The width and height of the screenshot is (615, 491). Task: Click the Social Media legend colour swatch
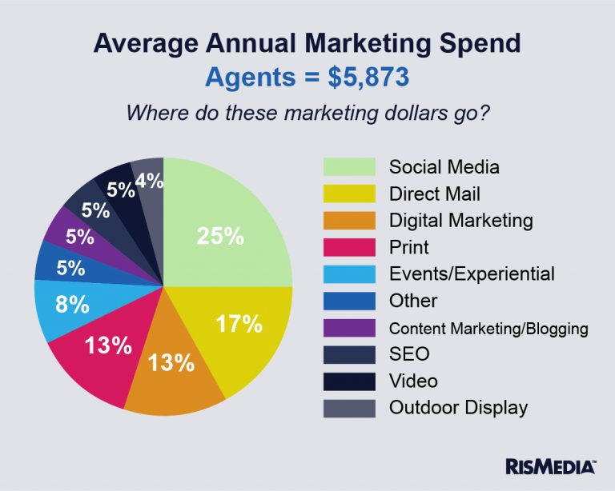tap(349, 167)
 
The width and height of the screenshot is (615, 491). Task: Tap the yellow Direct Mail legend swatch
tap(349, 194)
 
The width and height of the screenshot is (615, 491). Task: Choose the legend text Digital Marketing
tap(460, 220)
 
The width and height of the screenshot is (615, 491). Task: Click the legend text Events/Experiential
tap(471, 273)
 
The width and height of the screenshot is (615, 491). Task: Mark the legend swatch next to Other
tap(349, 301)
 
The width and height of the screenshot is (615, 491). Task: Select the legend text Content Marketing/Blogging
tap(488, 328)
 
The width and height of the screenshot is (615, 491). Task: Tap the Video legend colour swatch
tap(349, 381)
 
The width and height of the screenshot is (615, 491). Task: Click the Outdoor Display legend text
tap(458, 407)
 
